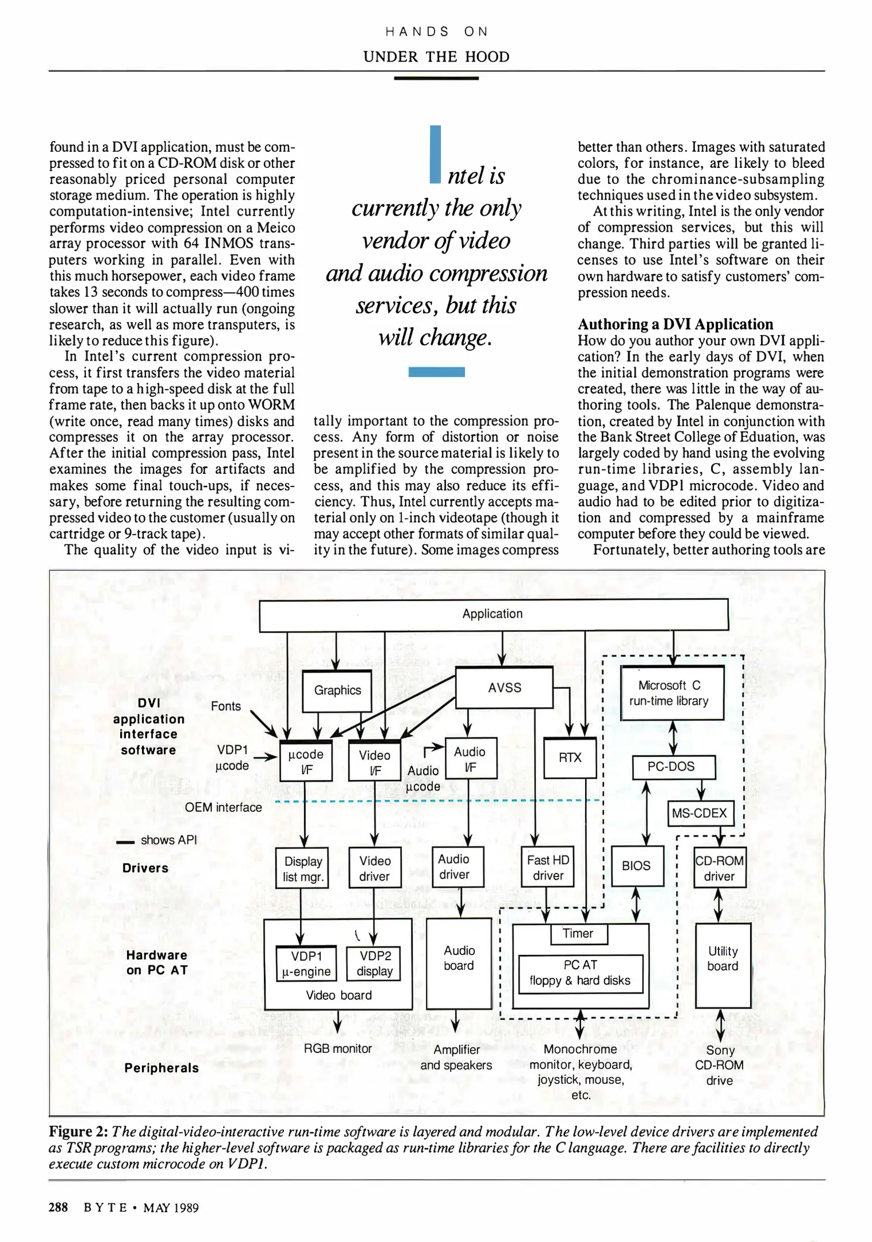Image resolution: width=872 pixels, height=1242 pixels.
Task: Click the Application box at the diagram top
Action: (493, 615)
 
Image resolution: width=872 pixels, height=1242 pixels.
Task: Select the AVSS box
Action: (504, 688)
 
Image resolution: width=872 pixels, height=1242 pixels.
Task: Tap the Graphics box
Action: (337, 691)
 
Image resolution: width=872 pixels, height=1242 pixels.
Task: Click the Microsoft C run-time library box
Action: (671, 693)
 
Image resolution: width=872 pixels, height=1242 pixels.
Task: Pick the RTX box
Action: (570, 758)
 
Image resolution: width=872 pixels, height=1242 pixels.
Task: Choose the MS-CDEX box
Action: (700, 813)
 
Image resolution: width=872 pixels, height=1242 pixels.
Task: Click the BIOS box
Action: (636, 866)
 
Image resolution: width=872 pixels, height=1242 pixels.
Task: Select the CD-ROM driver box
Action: (719, 868)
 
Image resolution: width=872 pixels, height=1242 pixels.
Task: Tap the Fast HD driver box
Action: (548, 868)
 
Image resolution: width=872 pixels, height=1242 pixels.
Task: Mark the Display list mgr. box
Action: (302, 869)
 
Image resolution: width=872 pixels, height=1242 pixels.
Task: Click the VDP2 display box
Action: (374, 964)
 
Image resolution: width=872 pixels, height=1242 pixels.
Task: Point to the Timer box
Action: (578, 934)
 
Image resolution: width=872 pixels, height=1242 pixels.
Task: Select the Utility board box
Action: (723, 959)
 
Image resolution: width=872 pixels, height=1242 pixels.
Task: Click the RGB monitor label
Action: (337, 1048)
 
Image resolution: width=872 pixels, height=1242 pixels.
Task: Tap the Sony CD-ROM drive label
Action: (719, 1065)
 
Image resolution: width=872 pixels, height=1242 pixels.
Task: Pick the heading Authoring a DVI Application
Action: (675, 324)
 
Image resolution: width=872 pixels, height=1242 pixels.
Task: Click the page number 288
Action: (58, 1207)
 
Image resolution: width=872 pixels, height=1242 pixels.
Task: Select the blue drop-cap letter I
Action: (435, 154)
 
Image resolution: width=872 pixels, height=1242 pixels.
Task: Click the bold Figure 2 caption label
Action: (78, 1132)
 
